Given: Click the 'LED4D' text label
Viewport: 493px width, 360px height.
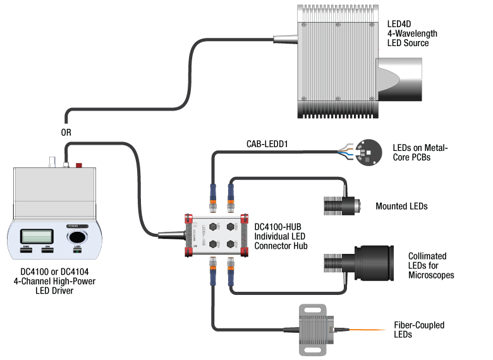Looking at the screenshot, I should [399, 24].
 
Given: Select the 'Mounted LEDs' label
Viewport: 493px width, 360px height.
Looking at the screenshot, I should [401, 206].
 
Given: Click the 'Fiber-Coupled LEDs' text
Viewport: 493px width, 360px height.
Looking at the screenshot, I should [418, 330].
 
